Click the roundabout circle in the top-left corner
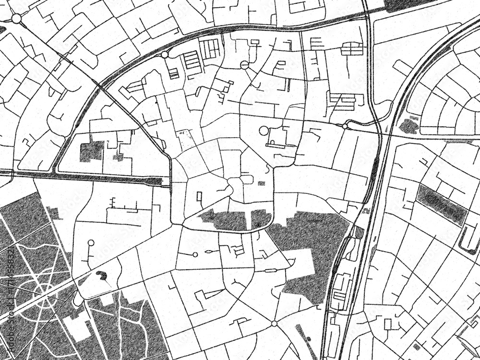coord(16,18)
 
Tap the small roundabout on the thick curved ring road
coord(165,55)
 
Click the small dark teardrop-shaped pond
coord(102,275)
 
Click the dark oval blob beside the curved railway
coord(408,126)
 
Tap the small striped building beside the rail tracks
coord(359,232)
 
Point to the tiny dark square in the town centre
coord(261,183)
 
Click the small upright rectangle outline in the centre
coord(199,196)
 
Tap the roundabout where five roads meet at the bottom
coord(274,324)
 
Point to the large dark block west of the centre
coord(91,151)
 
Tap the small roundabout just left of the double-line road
coord(345,126)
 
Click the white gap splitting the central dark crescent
coord(249,220)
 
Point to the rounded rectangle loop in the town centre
coord(247,179)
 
